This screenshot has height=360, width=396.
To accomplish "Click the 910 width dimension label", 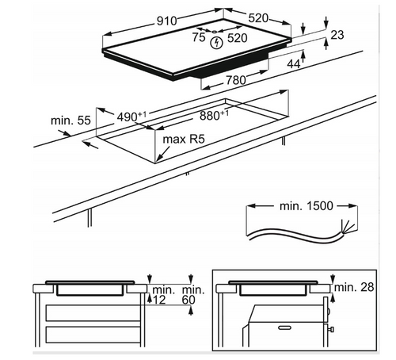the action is pos(167,21).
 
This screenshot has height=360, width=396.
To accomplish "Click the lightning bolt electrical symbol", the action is pos(217,44).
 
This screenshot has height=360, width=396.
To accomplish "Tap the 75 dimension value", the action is pos(199,37).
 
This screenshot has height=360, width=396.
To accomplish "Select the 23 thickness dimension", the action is pos(337,35).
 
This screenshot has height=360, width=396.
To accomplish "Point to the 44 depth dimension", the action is pos(294,64).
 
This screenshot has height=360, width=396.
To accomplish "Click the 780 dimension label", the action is pos(236,80).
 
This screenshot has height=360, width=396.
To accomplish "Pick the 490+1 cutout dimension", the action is pos(131,117).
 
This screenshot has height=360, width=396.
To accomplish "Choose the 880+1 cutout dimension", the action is pos(214,116).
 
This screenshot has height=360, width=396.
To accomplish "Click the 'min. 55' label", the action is pos(70,121).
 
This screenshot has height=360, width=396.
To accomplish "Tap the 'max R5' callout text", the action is pos(184,140).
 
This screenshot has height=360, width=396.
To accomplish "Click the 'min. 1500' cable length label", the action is pos(307,206).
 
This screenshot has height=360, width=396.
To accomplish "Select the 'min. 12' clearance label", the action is pos(162,295).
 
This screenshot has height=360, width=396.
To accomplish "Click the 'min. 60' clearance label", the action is pos(193,295).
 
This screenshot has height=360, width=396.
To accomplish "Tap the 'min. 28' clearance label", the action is pos(354,287).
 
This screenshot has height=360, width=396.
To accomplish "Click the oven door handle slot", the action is pos(284,328).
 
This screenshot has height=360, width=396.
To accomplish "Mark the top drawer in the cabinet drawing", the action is pos(93,313).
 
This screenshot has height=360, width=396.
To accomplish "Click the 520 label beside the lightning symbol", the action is pos(238,38).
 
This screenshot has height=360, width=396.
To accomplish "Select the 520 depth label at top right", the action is pos(258,18).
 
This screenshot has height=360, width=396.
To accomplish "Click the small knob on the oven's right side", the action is pos(331,329).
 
